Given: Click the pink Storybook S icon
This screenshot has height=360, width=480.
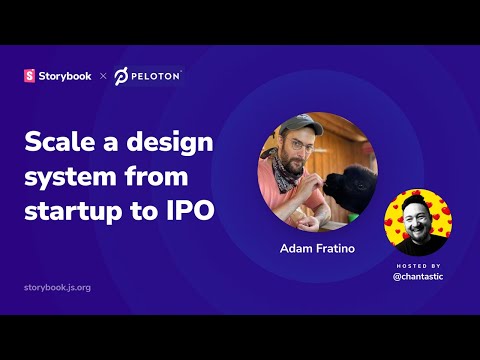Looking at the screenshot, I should click(29, 76).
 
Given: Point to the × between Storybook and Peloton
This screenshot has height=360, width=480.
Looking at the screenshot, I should click(102, 76).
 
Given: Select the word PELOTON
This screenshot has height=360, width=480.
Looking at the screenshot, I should click(157, 76).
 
